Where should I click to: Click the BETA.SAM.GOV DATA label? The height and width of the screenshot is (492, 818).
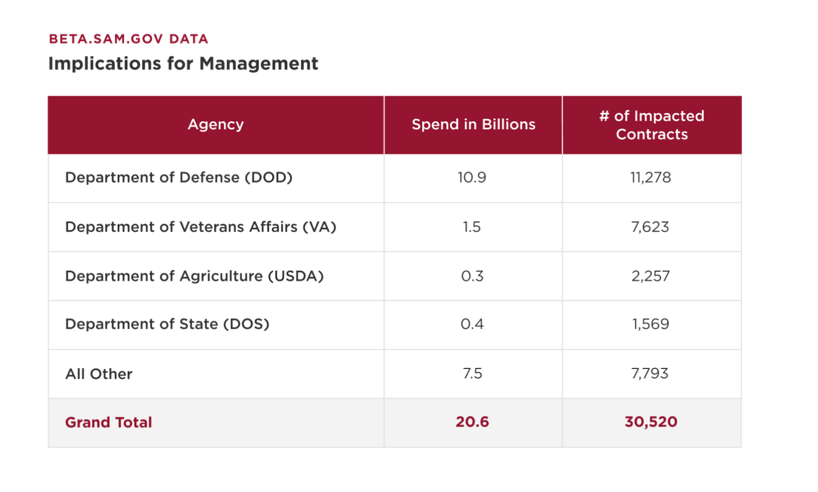129,39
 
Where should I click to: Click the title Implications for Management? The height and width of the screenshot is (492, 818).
183,63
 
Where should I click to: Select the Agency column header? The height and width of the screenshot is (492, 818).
216,124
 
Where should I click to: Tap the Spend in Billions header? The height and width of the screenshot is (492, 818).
473,124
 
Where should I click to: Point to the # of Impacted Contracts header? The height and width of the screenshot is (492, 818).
652,125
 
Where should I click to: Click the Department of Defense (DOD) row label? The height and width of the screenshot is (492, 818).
179,177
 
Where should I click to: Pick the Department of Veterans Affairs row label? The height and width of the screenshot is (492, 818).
201,227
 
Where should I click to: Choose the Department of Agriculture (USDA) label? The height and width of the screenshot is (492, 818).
194,276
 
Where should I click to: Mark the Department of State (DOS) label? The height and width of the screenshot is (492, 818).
167,324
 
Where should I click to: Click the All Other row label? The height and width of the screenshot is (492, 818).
99,374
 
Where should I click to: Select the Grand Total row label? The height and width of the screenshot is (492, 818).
109,422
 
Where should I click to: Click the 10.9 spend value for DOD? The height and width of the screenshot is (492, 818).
472,177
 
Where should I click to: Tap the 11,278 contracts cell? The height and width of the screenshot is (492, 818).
651,177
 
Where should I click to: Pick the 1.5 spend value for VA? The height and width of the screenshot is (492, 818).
472,227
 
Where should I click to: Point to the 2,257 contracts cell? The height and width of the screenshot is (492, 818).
651,276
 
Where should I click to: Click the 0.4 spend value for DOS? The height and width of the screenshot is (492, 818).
472,324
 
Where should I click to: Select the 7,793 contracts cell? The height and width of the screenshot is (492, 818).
650,374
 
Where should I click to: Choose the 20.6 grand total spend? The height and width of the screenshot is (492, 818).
472,422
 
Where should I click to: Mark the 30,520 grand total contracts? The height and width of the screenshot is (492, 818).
651,422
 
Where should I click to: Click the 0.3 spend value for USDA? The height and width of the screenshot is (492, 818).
472,276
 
